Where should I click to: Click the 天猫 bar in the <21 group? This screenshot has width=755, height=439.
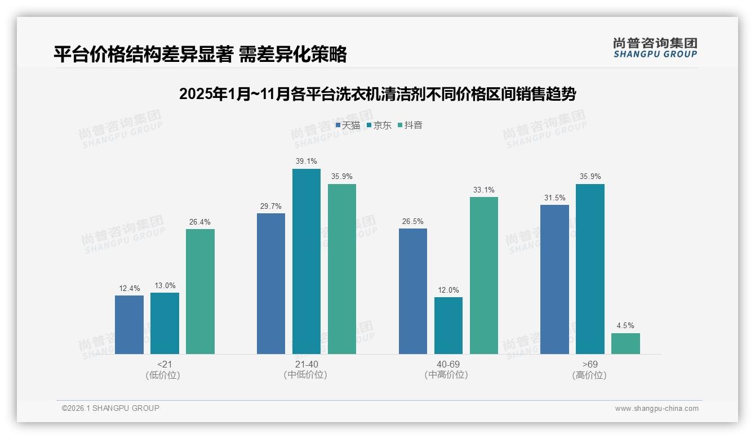click(x=129, y=325)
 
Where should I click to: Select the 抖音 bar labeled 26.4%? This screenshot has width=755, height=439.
click(x=200, y=292)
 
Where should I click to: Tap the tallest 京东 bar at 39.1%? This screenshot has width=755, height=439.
click(x=306, y=262)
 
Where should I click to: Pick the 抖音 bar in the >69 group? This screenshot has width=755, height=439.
click(x=625, y=344)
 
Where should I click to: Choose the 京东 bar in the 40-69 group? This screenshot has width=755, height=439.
click(x=448, y=326)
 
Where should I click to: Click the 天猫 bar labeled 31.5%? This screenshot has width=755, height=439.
click(x=554, y=280)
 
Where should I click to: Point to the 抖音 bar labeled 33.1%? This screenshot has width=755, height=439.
click(x=483, y=276)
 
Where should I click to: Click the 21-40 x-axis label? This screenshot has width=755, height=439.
click(x=306, y=364)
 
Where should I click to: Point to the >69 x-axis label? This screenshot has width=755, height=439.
click(x=590, y=364)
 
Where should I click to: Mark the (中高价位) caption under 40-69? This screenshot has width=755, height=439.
click(x=448, y=375)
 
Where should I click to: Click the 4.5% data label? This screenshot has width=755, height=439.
click(x=625, y=325)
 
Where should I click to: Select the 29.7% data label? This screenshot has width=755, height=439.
click(x=270, y=206)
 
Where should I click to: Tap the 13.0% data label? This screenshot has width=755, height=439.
click(x=165, y=285)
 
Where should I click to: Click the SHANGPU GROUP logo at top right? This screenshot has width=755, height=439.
click(x=655, y=48)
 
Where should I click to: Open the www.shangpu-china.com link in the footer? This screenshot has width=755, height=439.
click(x=656, y=409)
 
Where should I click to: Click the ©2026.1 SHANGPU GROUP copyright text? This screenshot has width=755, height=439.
click(x=110, y=408)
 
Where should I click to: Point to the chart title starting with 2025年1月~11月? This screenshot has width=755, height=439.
click(x=377, y=94)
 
